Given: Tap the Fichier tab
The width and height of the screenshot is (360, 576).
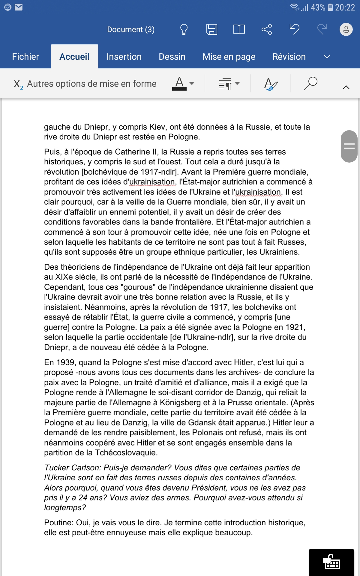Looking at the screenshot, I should (x=25, y=57).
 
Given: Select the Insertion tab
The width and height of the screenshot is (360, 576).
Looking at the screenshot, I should (x=124, y=57).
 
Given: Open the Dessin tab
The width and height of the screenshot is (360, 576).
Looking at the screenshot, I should (x=172, y=57).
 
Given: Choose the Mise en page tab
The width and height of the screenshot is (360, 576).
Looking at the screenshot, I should (x=229, y=57).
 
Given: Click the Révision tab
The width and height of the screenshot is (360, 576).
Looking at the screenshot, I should (x=289, y=57).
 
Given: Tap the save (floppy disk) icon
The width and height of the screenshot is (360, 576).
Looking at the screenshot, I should (x=211, y=29).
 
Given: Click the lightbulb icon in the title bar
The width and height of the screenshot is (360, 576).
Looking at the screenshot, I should (x=184, y=29).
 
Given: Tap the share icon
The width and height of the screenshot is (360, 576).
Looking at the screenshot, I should (x=266, y=29).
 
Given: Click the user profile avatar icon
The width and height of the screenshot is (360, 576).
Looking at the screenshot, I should (x=346, y=29).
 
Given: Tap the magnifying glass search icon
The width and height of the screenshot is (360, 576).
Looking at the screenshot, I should (x=310, y=83).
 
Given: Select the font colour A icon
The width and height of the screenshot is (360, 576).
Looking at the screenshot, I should (x=179, y=83).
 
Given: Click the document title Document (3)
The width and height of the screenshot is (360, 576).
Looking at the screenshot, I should (x=131, y=29).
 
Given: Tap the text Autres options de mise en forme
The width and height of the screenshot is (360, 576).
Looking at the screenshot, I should (x=91, y=84).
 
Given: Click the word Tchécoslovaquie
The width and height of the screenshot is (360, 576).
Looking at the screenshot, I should (x=126, y=453).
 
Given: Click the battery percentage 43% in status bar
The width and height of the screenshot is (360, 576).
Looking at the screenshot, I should (x=318, y=7).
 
